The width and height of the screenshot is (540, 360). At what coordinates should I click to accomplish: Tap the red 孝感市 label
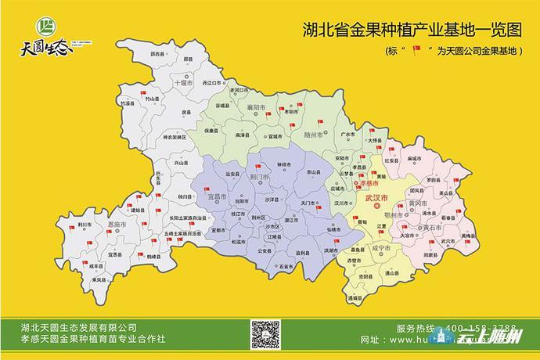[x=367, y=182]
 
